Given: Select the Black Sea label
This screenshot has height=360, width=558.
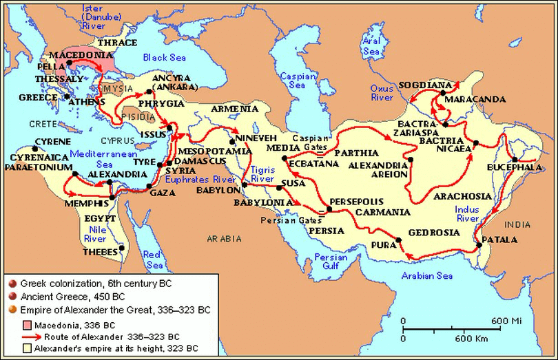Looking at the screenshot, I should click(165, 58).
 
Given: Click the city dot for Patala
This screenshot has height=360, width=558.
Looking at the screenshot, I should click(479, 245).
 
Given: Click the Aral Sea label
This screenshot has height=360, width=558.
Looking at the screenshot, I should click(371, 45).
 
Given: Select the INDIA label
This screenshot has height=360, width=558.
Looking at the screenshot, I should click(518, 224).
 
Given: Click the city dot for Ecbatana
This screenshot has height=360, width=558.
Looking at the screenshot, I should click(284, 158).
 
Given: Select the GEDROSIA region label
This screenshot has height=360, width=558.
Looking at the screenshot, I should click(434, 233).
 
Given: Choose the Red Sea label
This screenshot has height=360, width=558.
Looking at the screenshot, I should click(152, 260).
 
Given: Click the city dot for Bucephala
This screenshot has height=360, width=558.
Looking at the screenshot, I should click(515, 159).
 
